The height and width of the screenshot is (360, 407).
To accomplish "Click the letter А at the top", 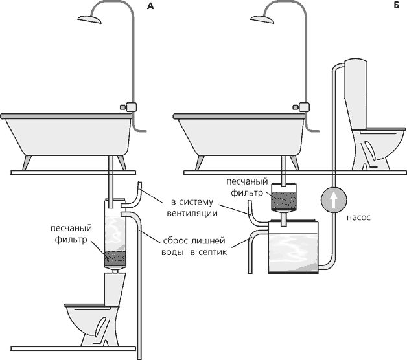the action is coord(150,6).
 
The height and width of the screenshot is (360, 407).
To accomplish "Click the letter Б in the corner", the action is coord(397,5).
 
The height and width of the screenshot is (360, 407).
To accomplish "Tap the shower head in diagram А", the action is coord(89,19).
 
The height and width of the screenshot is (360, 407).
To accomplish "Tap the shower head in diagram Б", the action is coord(262,19).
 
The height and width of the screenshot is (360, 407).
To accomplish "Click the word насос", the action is coord(358,218).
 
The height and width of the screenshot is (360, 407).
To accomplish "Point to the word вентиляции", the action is coord(192,213).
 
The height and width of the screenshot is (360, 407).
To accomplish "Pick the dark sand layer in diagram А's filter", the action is coord(115,259).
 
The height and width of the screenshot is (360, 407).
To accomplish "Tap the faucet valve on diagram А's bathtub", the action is coord(128,107).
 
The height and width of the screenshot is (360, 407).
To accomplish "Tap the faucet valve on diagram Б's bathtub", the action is coord(301,107).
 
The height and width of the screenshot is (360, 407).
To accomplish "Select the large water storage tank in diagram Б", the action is coord(294,247).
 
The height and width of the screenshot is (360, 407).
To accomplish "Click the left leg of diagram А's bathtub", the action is coord(27,163).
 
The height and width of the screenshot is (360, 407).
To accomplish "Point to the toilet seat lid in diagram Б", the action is coord(385,129).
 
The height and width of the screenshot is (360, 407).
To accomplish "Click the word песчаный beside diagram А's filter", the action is coord(71,229).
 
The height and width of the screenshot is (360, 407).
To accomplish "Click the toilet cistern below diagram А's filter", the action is coord(115,288).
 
